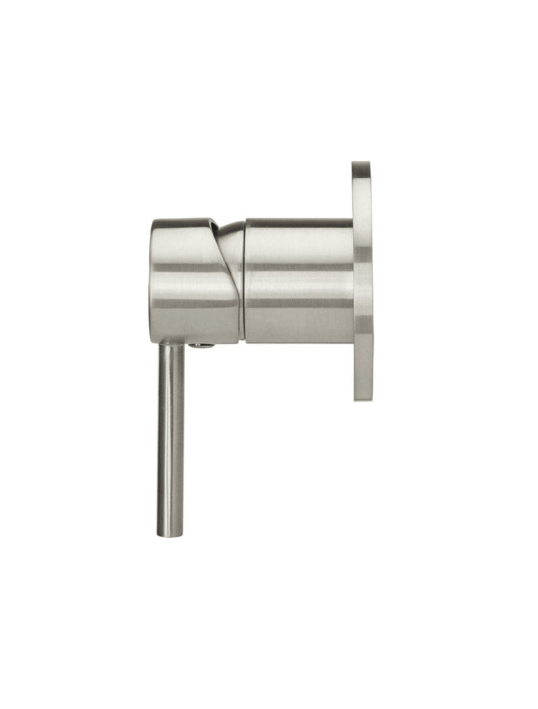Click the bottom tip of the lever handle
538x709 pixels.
pos(171,533)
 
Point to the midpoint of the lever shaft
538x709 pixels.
pos(171,440)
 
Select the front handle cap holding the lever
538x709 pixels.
pos(191,280)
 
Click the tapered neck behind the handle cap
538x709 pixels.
pos(233,277)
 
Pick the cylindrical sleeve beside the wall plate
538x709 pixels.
pos(298,280)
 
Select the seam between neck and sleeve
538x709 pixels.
pos(245,280)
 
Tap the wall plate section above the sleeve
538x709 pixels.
pos(362,194)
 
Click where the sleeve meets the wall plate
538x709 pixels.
pos(354,280)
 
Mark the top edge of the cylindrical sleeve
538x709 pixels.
pos(298,219)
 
